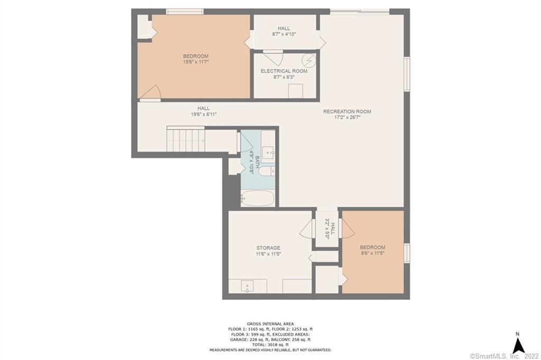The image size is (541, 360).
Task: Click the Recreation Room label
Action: [x=347, y=112]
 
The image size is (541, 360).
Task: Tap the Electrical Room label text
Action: [x=284, y=71]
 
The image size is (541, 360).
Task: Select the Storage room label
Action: [x=268, y=247]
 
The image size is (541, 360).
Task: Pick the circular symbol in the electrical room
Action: [x=309, y=60]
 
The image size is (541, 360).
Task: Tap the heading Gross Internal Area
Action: [x=270, y=324]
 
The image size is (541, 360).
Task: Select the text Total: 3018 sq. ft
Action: [x=270, y=345]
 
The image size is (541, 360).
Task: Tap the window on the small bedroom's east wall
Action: [x=407, y=253]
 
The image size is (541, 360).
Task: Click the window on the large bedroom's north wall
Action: [x=185, y=11]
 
